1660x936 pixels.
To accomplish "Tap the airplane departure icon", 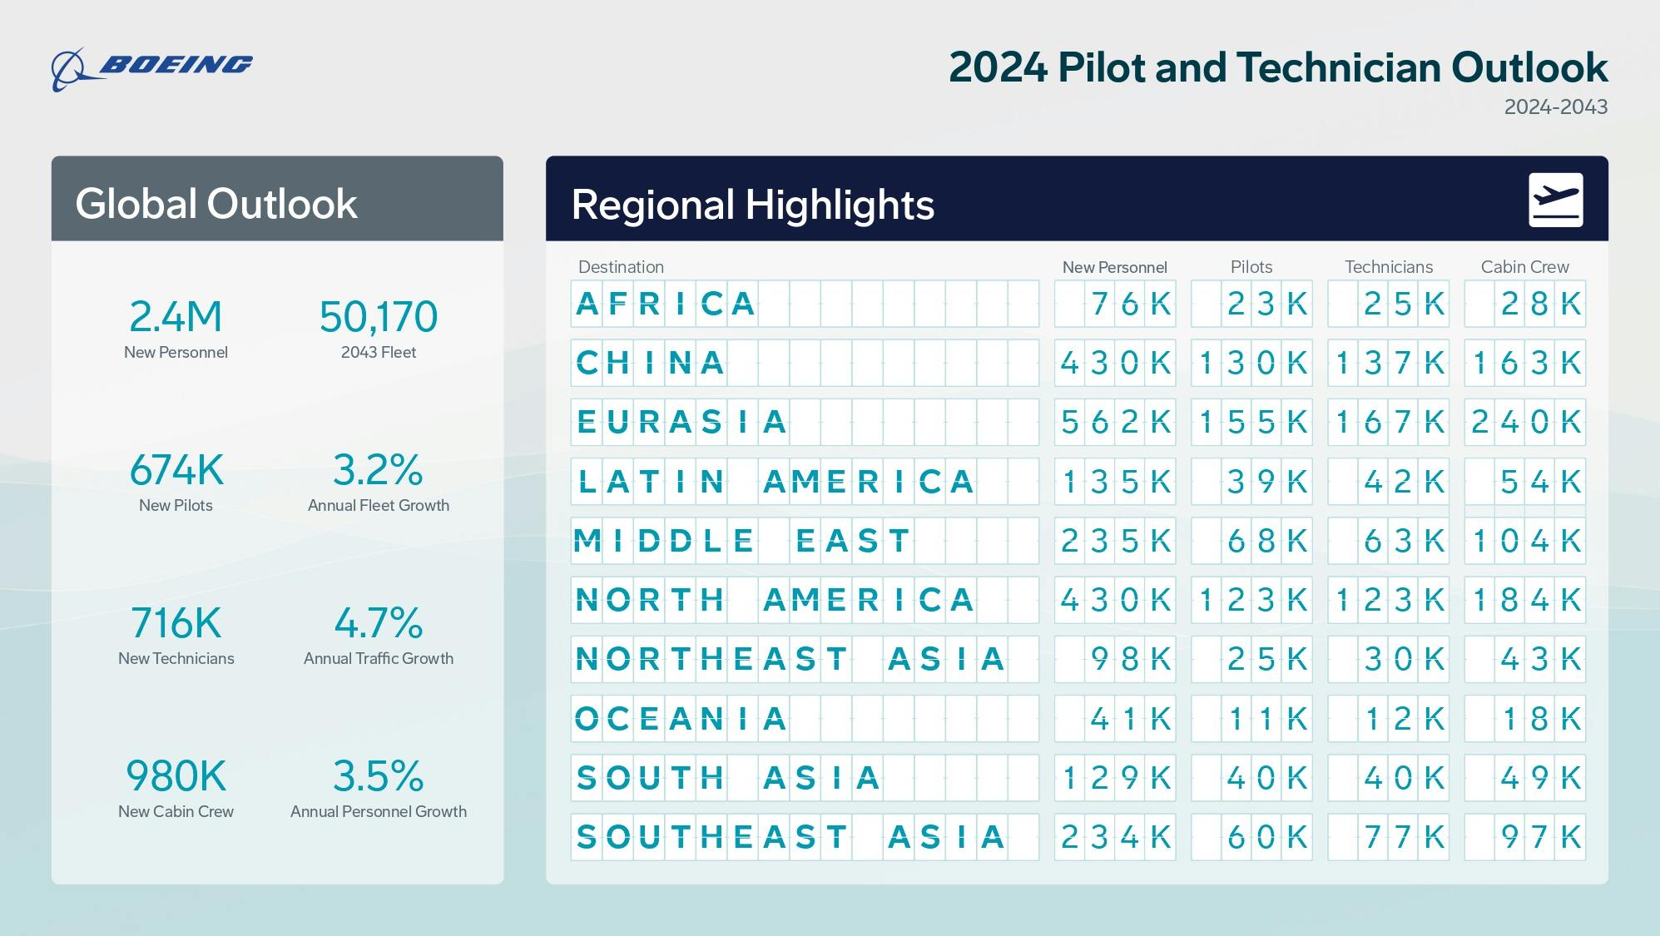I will [x=1555, y=200].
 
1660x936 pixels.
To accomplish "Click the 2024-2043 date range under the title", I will [x=1555, y=106].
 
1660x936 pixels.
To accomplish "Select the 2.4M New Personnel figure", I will [x=176, y=317].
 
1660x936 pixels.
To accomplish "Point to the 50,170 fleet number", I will [x=379, y=317].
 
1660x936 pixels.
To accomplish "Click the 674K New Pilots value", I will [x=176, y=470].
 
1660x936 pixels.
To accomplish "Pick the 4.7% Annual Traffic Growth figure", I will [x=379, y=623].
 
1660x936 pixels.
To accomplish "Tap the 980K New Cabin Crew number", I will [x=176, y=776].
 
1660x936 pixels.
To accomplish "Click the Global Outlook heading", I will [x=216, y=204].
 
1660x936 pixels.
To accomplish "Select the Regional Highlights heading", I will [x=752, y=205].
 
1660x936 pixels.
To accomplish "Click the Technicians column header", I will [x=1388, y=267].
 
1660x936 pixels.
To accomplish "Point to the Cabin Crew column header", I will [x=1524, y=267].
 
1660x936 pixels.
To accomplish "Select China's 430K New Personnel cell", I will [x=1115, y=363].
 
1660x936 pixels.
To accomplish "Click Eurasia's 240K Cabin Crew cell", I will [x=1524, y=422].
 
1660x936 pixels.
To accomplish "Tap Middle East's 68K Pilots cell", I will [x=1251, y=541].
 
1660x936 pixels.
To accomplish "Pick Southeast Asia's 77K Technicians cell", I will [x=1388, y=837].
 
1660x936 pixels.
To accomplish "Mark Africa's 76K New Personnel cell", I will [x=1115, y=304].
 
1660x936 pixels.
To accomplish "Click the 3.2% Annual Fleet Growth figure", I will [x=379, y=470].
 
